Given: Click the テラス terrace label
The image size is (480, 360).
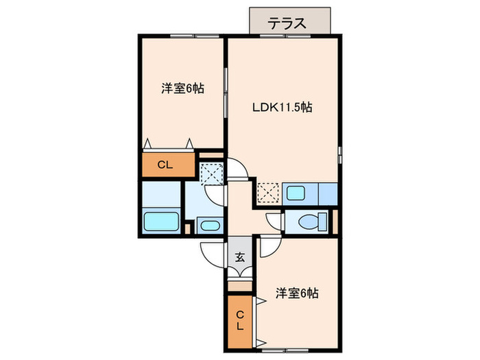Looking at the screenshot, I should pos(287,23).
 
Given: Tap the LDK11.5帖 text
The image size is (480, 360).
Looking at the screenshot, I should pos(283,107).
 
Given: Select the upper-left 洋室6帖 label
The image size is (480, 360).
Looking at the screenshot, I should pos(182,88).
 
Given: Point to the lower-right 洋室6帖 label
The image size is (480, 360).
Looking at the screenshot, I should pos(297,293).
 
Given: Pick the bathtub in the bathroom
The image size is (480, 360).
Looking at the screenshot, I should pos(161,222).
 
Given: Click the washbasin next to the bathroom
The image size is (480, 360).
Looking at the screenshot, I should pos(207,225).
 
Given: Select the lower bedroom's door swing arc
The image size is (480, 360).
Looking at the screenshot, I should pos(268,245).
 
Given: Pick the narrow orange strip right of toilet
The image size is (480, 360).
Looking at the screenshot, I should pos(335,221).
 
